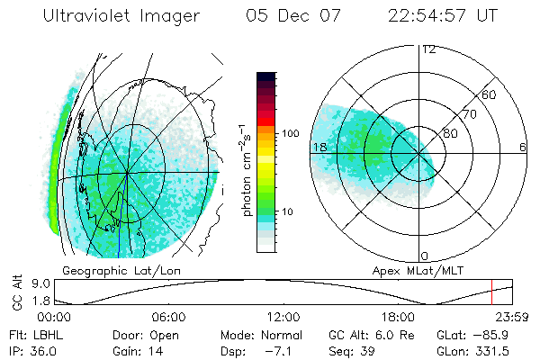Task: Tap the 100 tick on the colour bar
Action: [289, 133]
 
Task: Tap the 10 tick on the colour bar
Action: [289, 212]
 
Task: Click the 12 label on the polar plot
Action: [428, 49]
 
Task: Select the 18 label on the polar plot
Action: [319, 147]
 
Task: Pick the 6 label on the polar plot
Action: [522, 147]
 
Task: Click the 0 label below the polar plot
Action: [425, 256]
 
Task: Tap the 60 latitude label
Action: [490, 94]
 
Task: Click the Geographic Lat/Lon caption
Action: [114, 270]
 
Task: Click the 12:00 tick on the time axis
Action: [283, 317]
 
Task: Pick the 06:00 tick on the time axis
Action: [168, 317]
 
